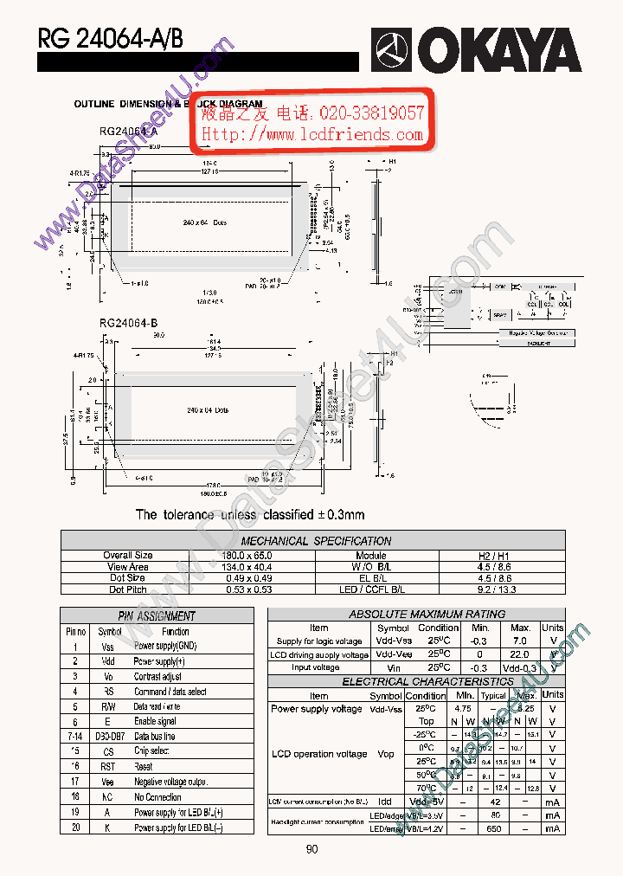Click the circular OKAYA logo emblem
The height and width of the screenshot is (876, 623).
pyautogui.click(x=393, y=49)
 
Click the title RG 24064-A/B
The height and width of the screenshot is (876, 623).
pyautogui.click(x=110, y=38)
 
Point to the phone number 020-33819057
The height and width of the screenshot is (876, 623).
pyautogui.click(x=372, y=113)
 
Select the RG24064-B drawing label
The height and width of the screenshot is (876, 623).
pyautogui.click(x=128, y=323)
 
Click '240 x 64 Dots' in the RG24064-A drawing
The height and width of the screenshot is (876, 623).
pyautogui.click(x=205, y=223)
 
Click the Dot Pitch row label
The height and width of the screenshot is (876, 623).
pyautogui.click(x=128, y=589)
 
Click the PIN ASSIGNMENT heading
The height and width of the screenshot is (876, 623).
pyautogui.click(x=157, y=616)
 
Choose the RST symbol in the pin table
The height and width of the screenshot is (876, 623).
pyautogui.click(x=108, y=766)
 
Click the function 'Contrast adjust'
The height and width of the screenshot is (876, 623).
pyautogui.click(x=157, y=676)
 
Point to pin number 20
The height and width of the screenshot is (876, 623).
pyautogui.click(x=75, y=828)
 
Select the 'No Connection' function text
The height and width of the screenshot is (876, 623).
pyautogui.click(x=157, y=797)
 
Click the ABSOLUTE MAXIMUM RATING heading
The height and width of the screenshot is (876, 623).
pyautogui.click(x=415, y=614)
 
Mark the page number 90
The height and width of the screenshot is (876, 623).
pyautogui.click(x=311, y=849)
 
